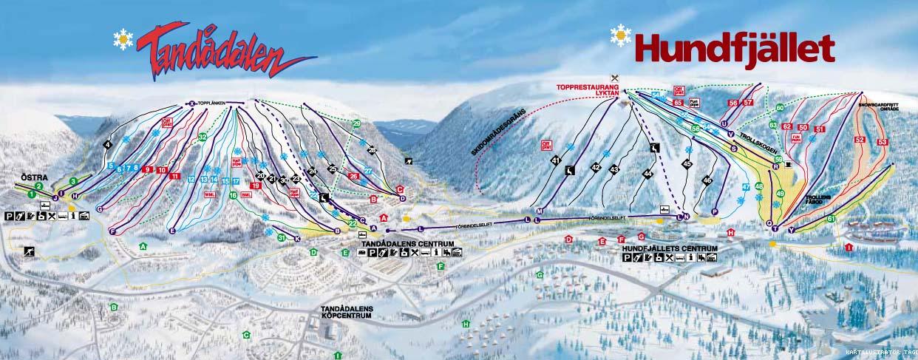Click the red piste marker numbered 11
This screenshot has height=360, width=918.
click(x=174, y=176)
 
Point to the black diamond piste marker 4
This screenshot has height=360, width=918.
click(x=108, y=144)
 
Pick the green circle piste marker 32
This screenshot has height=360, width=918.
click(x=202, y=137)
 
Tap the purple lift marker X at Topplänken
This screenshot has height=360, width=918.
click(x=191, y=103)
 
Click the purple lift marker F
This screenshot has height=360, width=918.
click(x=113, y=231)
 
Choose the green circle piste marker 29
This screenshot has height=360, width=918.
click(x=356, y=123)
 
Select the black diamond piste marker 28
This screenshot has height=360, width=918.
click(x=372, y=150)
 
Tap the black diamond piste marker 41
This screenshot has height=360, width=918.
click(x=555, y=161)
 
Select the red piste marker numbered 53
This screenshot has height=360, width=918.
click(x=881, y=142)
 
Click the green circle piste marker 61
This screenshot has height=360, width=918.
click(x=831, y=219)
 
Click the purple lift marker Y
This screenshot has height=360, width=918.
click(x=791, y=230)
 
